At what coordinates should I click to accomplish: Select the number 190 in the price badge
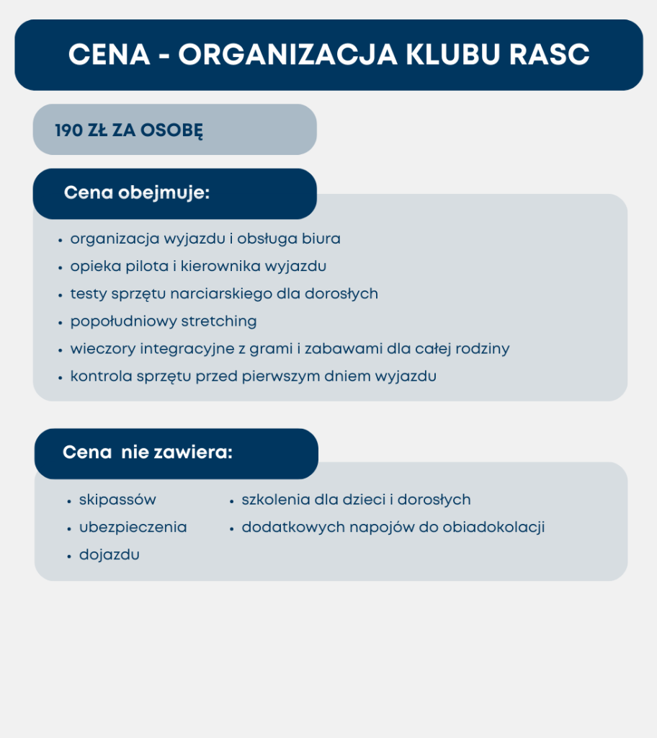(x=67, y=131)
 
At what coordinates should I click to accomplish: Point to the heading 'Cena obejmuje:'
(x=137, y=193)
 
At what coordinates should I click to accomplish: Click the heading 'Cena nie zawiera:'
(x=148, y=453)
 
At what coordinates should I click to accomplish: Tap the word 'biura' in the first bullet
(x=321, y=239)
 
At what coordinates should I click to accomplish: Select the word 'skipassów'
(x=117, y=500)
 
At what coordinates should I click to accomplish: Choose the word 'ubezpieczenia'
(x=133, y=528)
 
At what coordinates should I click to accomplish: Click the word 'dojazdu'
(x=109, y=555)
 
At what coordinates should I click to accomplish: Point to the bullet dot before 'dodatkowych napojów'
(x=232, y=529)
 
